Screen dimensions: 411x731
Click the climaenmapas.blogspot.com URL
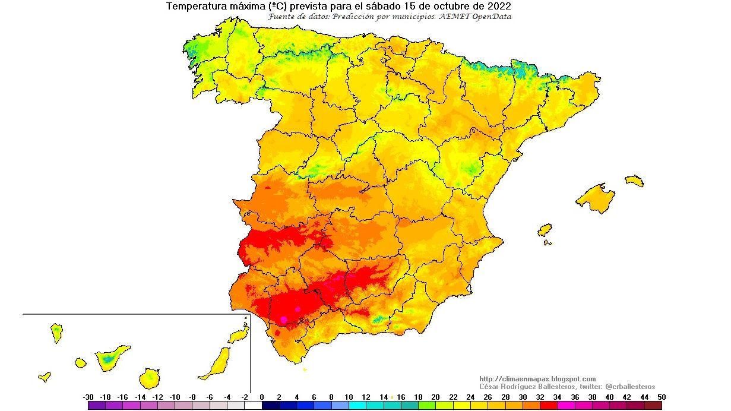point(537,379)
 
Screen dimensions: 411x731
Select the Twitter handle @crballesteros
point(630,387)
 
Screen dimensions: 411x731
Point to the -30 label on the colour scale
point(88,397)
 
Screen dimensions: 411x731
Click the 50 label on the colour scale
point(662,397)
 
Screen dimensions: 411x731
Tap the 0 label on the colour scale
point(262,397)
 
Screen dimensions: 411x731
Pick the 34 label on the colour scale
point(557,397)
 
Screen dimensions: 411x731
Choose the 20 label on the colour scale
point(435,397)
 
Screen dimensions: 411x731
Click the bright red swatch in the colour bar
point(549,406)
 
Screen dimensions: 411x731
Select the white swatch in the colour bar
point(254,406)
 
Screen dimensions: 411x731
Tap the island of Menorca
point(634,181)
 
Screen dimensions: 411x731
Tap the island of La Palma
point(57,333)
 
